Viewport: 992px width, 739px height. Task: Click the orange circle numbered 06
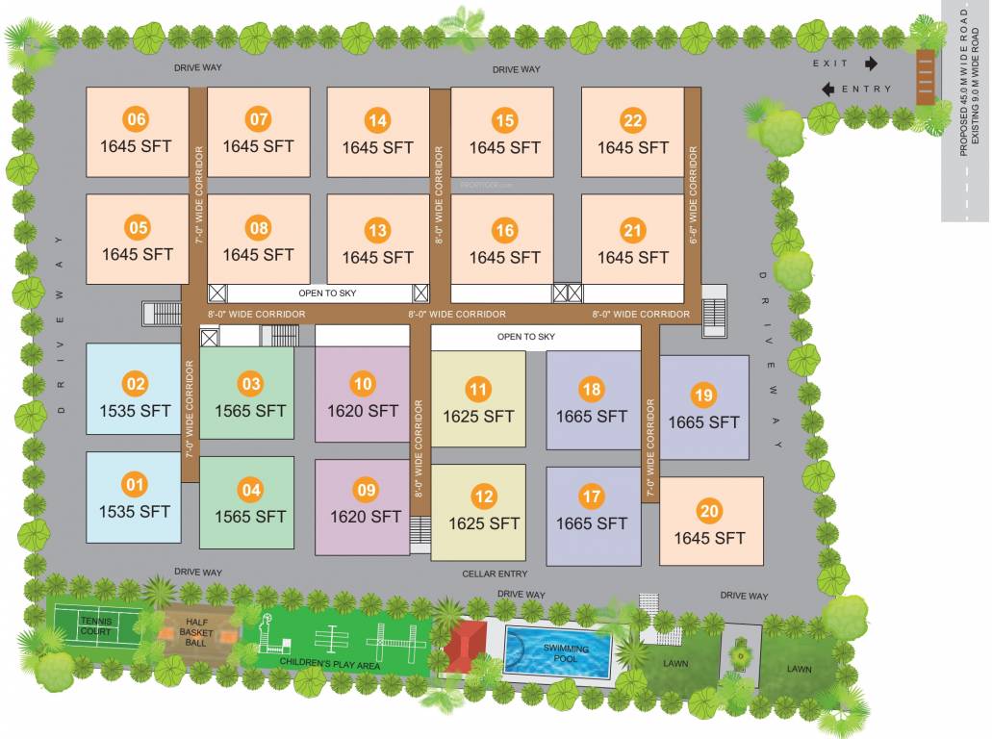tap(137, 120)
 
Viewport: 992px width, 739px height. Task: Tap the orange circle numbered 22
tap(632, 121)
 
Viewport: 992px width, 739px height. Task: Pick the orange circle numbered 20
tap(709, 511)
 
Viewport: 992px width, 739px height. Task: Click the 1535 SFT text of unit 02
tap(136, 411)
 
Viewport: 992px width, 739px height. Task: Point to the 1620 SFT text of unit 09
tap(366, 517)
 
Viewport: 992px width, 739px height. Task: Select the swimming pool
tap(557, 651)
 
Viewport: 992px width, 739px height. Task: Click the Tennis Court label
tap(95, 626)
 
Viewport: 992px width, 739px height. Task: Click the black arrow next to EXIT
tap(872, 64)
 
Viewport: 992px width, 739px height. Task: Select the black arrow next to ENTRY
tap(827, 89)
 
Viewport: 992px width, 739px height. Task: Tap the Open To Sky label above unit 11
tap(526, 337)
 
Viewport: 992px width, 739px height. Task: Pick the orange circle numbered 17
tap(591, 497)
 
